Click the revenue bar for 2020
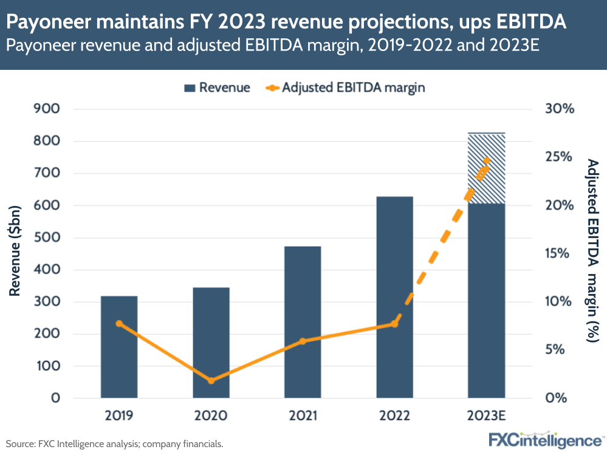click(211, 343)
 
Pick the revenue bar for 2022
click(394, 297)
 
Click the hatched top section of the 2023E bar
click(486, 168)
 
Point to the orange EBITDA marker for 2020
click(211, 381)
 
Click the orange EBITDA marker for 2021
click(303, 341)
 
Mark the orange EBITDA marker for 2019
click(119, 324)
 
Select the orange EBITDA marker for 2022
click(394, 324)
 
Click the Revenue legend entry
click(217, 87)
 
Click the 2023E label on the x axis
click(486, 416)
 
